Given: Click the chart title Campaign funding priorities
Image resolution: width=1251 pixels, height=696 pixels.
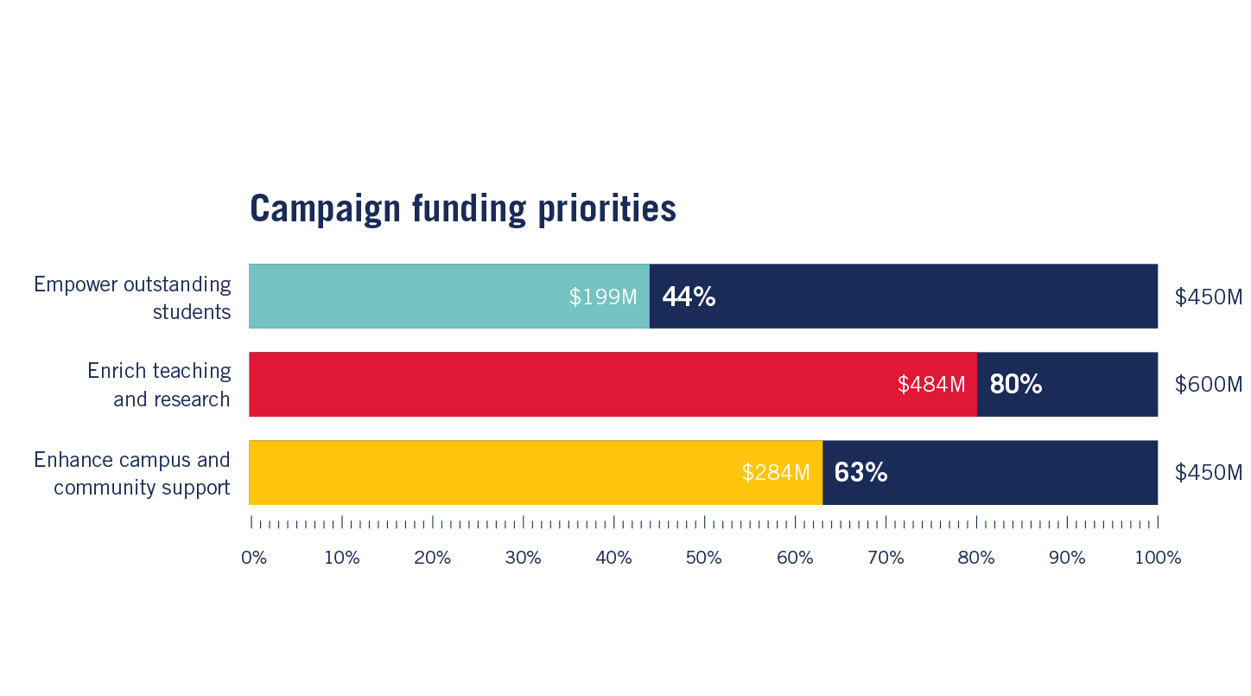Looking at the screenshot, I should (x=462, y=209).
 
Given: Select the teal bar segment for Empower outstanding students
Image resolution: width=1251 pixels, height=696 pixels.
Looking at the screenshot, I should (x=406, y=297).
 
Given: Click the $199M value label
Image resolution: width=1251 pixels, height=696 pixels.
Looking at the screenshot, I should (x=603, y=297).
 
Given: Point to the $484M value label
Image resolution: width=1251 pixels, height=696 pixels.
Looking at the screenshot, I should (x=931, y=385).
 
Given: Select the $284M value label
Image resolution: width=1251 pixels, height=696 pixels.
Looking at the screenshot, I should (x=776, y=473).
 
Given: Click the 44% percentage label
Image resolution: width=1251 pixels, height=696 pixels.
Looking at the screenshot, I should (x=689, y=297).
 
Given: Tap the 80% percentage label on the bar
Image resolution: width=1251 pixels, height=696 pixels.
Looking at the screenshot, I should (x=1016, y=385).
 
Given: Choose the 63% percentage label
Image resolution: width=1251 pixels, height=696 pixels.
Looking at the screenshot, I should (x=860, y=473).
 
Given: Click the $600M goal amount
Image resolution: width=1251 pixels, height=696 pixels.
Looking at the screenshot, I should (x=1208, y=385).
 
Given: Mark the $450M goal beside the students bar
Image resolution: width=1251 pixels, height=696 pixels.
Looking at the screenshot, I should (x=1208, y=297).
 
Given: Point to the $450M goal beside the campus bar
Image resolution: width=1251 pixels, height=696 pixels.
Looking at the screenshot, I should (x=1208, y=473).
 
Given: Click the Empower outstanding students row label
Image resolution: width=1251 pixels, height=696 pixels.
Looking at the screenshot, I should (x=133, y=297).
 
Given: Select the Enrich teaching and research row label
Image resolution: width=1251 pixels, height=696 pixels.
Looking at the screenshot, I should (x=160, y=385).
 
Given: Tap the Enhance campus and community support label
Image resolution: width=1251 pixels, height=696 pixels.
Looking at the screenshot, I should (x=133, y=473).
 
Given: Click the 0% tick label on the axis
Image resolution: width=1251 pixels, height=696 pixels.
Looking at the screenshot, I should (x=254, y=558).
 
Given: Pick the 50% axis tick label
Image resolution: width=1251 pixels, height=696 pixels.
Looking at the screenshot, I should (x=704, y=558).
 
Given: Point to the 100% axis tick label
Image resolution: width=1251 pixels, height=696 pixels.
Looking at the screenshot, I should (x=1158, y=558).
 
